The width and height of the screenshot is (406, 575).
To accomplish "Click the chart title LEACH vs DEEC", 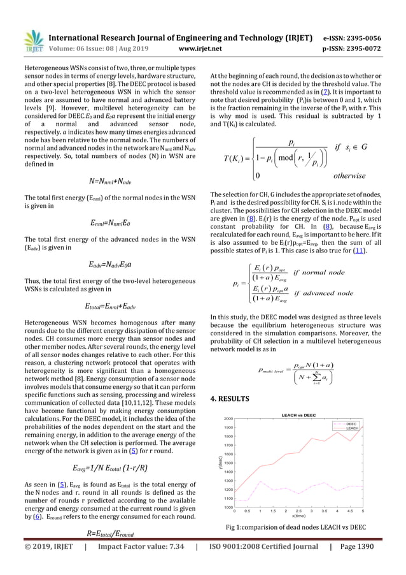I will point(297,415).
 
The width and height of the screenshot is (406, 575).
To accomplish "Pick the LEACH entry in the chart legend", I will point(349,428).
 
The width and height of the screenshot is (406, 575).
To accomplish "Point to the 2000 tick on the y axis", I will point(228,419).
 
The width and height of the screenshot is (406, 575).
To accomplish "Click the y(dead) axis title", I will point(220,462).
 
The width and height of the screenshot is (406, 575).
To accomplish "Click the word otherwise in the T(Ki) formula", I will point(350,176).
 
